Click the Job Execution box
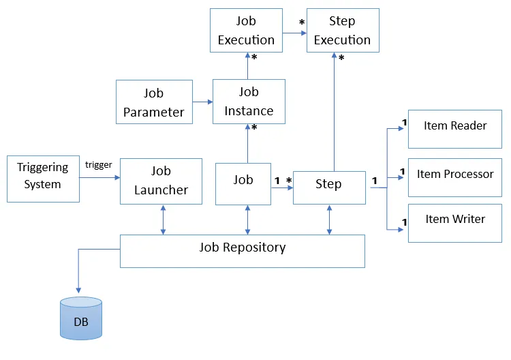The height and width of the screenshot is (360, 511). (246, 31)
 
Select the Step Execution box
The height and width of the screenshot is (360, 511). (342, 31)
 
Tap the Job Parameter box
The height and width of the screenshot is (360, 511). (153, 102)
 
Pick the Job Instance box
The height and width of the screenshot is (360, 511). (248, 102)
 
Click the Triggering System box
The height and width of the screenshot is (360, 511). (43, 179)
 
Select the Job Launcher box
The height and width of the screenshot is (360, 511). (161, 181)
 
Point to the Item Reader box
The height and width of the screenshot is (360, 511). (454, 129)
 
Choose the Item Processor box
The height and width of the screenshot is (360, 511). (454, 177)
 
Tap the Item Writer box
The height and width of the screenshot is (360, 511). (454, 223)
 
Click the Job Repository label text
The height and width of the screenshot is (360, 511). (242, 247)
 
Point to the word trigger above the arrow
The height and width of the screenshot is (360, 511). (98, 165)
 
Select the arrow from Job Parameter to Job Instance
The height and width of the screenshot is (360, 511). (202, 102)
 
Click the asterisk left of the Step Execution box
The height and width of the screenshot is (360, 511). (301, 23)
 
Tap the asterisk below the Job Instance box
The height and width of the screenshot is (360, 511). (254, 128)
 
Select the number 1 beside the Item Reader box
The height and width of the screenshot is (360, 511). (403, 123)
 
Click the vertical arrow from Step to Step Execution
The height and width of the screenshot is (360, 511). (334, 112)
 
